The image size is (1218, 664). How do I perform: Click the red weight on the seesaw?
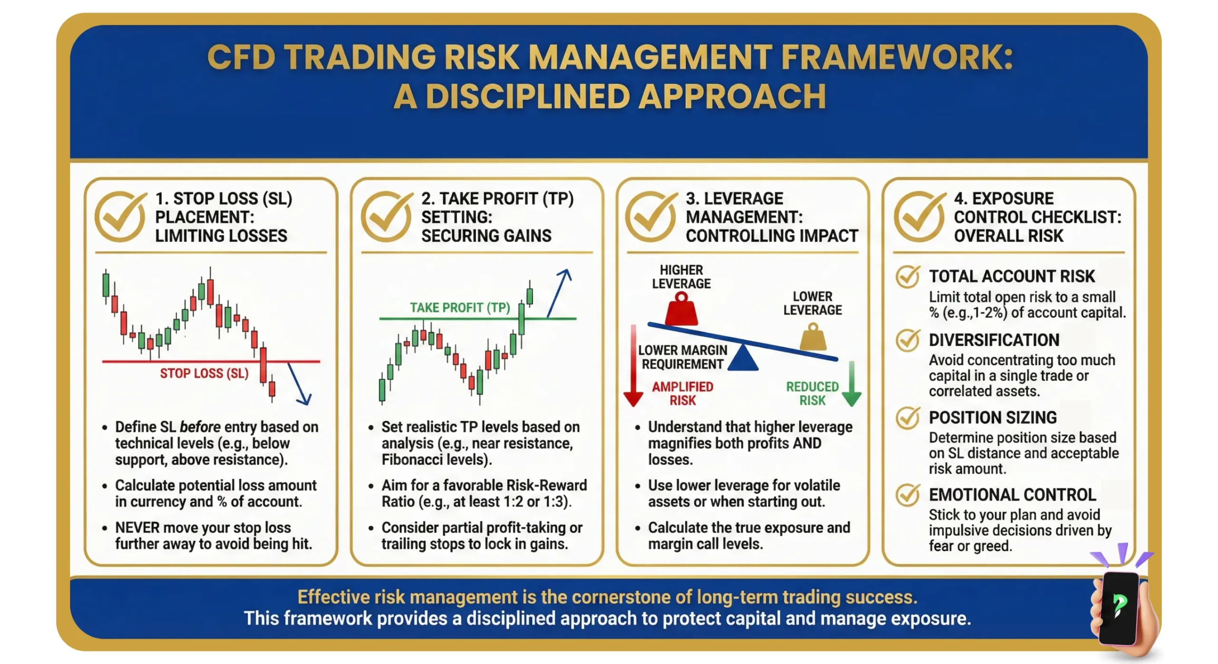681,311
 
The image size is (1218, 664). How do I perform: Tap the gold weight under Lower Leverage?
813,338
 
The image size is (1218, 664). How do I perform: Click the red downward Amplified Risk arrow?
633,366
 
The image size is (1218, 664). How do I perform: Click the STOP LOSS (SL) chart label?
204,373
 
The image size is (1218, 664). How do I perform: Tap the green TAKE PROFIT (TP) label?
460,308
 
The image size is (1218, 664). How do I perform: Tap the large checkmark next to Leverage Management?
651,217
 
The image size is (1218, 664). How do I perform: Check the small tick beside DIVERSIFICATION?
908,340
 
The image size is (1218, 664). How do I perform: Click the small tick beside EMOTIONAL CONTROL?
908,495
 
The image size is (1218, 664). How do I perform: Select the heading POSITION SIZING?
992,418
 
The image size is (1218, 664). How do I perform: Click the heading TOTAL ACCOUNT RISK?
1012,276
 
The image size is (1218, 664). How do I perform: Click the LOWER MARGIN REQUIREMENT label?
682,357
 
